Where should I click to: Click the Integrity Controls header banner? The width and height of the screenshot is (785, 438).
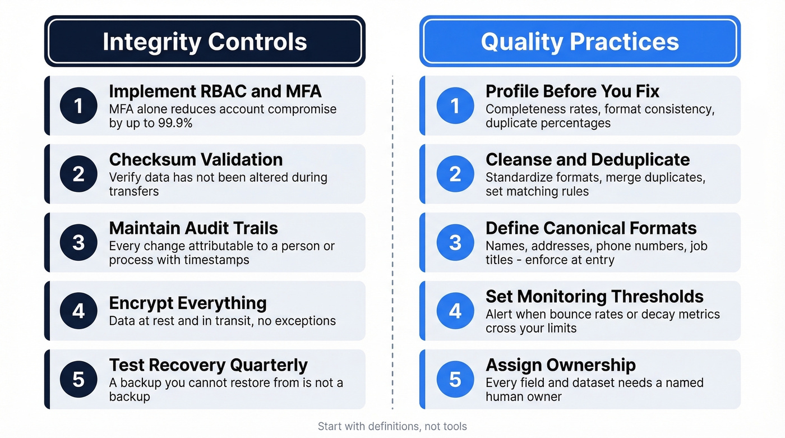tap(205, 42)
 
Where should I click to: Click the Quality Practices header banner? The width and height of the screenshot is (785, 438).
tap(580, 42)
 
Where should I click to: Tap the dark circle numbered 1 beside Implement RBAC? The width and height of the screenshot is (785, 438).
tap(78, 105)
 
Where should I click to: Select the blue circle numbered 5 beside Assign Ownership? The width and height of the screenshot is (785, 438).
tap(455, 379)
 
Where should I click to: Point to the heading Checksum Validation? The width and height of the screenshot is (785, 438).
tap(196, 159)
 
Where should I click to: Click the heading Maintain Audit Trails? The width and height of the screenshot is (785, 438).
tap(193, 228)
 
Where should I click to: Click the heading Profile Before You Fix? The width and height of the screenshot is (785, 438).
tap(572, 91)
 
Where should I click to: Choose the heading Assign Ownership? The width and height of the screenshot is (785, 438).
tap(560, 365)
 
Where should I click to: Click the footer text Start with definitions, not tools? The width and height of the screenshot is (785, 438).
tap(392, 426)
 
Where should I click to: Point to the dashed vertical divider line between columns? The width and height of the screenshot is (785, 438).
tap(392, 241)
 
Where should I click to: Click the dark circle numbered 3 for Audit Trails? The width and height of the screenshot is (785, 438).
tap(78, 242)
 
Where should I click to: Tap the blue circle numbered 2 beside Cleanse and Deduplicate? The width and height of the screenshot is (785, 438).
tap(455, 174)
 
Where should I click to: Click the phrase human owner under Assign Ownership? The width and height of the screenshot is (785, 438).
tap(523, 396)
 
